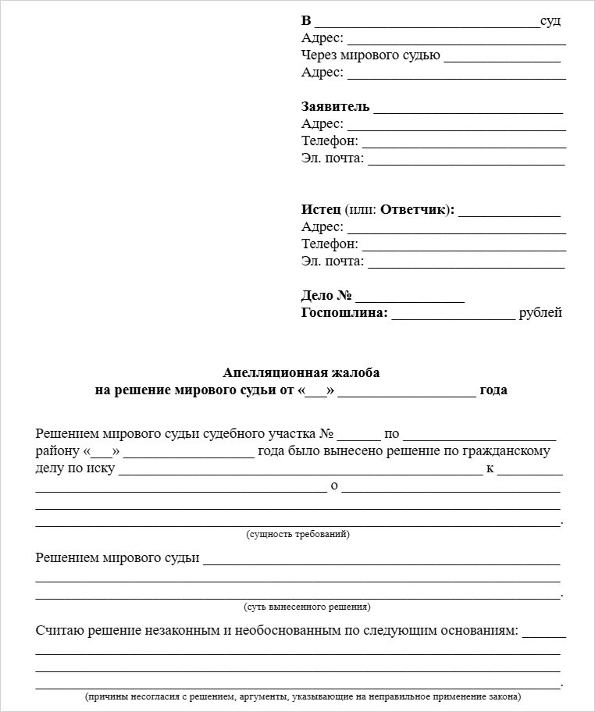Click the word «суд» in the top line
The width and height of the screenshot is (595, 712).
(x=550, y=21)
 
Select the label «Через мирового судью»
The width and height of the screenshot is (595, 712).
(x=371, y=55)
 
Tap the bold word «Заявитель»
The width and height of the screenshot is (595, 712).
(x=336, y=107)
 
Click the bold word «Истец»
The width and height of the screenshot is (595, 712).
(x=321, y=210)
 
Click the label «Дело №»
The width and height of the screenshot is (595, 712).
(x=326, y=296)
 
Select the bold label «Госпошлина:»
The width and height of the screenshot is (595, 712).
(x=344, y=313)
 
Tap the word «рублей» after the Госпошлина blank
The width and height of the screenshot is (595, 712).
(x=540, y=313)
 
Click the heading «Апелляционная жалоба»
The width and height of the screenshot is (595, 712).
(x=301, y=373)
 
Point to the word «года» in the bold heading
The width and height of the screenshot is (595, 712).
(x=493, y=390)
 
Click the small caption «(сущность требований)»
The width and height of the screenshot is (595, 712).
(x=297, y=535)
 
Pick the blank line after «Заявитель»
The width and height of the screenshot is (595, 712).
(x=469, y=109)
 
